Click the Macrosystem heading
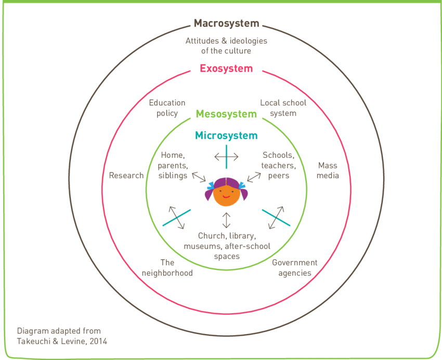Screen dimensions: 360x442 pyautogui.click(x=226, y=23)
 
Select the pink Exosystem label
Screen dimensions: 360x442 pyautogui.click(x=226, y=69)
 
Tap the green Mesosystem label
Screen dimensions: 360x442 pyautogui.click(x=226, y=114)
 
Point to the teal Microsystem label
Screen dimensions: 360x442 pyautogui.click(x=226, y=136)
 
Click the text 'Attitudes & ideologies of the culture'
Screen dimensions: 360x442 pyautogui.click(x=226, y=46)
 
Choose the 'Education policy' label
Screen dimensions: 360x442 pyautogui.click(x=167, y=108)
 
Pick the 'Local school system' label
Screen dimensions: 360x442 pyautogui.click(x=283, y=108)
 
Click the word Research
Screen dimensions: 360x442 pyautogui.click(x=126, y=176)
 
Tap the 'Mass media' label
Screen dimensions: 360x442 pyautogui.click(x=328, y=170)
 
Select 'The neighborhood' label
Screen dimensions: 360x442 pyautogui.click(x=167, y=268)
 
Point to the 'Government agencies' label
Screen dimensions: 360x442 pyautogui.click(x=294, y=268)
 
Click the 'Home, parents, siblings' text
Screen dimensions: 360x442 pyautogui.click(x=174, y=165)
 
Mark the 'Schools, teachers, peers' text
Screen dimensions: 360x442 pyautogui.click(x=279, y=165)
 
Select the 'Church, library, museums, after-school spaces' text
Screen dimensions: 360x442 pyautogui.click(x=226, y=246)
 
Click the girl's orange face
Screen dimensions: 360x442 pyautogui.click(x=226, y=194)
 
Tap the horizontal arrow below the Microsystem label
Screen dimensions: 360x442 pyautogui.click(x=226, y=156)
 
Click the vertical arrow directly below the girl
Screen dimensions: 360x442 pyautogui.click(x=226, y=220)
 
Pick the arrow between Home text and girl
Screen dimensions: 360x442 pyautogui.click(x=199, y=178)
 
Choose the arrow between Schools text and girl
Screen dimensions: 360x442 pyautogui.click(x=254, y=178)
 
